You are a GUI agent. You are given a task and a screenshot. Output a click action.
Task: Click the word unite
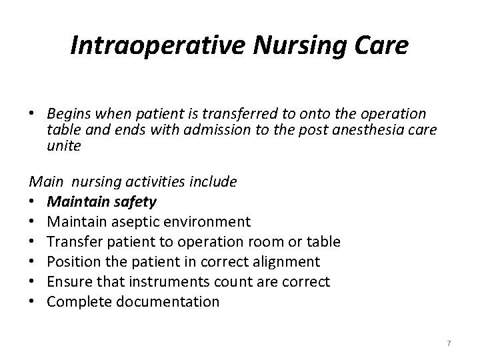(x=64, y=145)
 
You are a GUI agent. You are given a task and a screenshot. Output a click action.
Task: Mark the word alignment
(x=285, y=261)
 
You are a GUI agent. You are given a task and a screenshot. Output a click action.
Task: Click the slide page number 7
(x=449, y=343)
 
